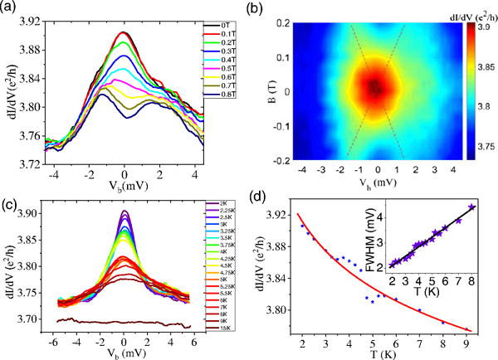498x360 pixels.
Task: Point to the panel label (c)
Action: point(13,192)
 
